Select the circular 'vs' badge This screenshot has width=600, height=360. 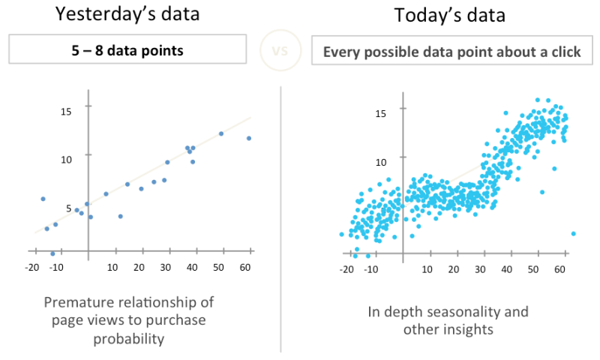point(278,52)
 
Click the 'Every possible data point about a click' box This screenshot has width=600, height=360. point(451,52)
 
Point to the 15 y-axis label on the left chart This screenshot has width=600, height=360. point(66,112)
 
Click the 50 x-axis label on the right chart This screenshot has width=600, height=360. point(534,268)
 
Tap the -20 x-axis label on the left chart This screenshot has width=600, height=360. point(31,267)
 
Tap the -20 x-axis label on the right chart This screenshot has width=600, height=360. point(346,268)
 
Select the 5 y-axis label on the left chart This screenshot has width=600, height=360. point(69,208)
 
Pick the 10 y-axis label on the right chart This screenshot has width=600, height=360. point(381,161)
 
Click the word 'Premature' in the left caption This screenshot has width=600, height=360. point(75,302)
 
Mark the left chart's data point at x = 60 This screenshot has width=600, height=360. point(248,138)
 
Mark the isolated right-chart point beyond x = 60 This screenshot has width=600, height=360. point(573,233)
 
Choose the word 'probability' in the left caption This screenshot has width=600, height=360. point(129,338)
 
